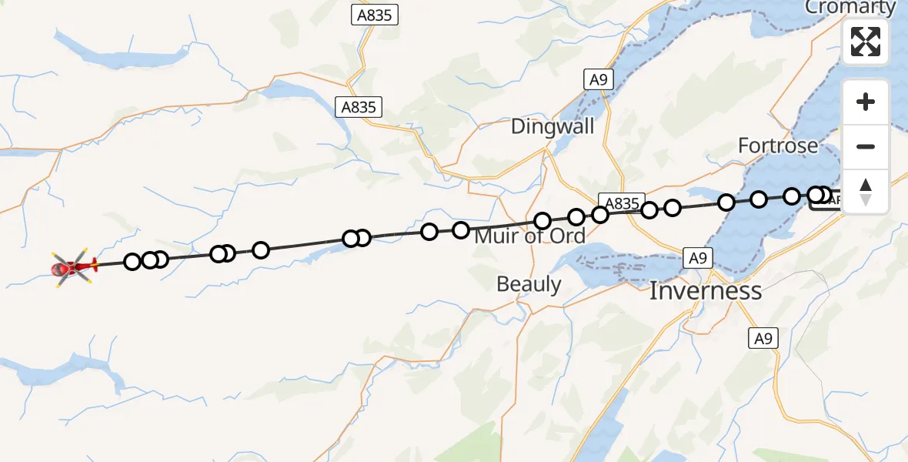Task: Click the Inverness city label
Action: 706,291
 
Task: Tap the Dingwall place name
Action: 552,126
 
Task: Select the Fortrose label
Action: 777,146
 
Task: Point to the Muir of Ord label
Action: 529,236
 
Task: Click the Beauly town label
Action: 529,284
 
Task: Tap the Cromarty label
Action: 850,8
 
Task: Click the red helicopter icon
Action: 73,268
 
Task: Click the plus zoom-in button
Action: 866,102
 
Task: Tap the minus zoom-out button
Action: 866,147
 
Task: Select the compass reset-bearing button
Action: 866,192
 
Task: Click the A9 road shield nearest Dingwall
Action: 599,79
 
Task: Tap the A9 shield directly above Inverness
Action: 697,258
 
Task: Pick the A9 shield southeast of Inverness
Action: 763,338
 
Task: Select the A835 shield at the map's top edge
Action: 376,14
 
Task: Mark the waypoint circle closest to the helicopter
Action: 132,262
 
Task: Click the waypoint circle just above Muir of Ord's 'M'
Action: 461,229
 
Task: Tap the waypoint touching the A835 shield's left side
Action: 600,214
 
